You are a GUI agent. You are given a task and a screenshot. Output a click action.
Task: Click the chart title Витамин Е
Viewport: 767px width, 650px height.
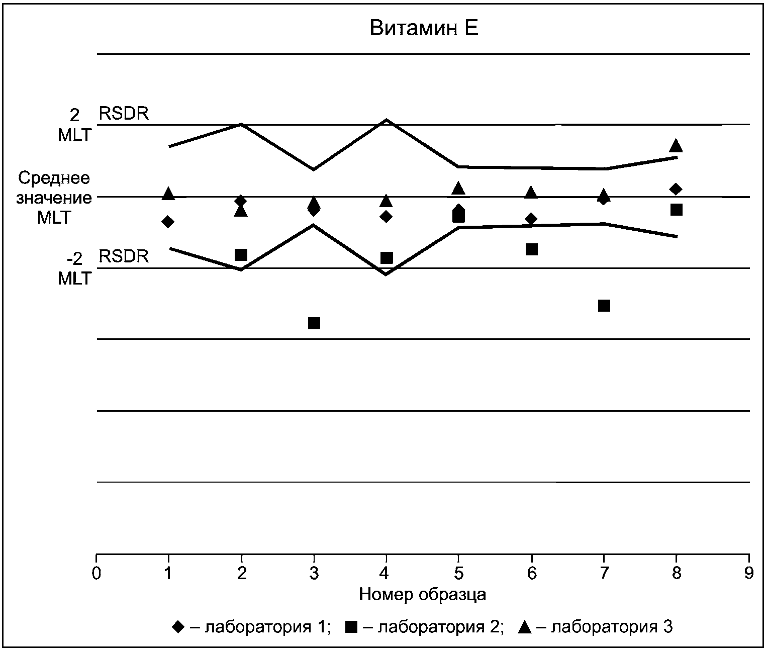(424, 28)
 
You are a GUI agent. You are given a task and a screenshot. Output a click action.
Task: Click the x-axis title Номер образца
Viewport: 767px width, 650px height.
(423, 594)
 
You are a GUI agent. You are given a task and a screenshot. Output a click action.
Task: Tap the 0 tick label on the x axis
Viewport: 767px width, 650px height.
(97, 574)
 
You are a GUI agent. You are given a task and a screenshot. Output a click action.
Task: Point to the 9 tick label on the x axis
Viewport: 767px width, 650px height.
(749, 574)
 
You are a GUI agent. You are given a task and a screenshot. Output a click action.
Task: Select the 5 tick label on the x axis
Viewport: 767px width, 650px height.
(458, 574)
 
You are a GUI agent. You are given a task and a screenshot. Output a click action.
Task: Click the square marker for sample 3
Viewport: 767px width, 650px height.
(314, 323)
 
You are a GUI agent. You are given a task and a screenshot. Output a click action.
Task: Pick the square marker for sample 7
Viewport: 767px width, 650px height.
(604, 306)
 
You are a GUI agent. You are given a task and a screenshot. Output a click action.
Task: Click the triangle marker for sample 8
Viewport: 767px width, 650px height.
(676, 145)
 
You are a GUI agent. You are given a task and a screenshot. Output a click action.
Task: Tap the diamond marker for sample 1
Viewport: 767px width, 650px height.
(168, 222)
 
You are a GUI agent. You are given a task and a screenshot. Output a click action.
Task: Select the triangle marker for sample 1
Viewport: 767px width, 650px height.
(168, 193)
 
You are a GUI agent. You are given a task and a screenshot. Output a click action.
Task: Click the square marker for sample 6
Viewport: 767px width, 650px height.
(532, 249)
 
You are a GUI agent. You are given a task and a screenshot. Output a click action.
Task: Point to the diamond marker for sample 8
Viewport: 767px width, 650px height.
(676, 189)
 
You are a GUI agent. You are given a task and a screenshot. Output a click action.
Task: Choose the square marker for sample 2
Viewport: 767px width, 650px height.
(241, 255)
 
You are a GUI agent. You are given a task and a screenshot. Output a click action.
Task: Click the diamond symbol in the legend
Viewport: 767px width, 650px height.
(178, 627)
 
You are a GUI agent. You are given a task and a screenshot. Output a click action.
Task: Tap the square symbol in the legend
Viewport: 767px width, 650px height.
(351, 627)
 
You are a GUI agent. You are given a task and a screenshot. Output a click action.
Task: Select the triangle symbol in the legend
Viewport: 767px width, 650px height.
(525, 627)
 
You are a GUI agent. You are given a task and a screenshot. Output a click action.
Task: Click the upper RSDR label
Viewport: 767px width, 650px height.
(124, 114)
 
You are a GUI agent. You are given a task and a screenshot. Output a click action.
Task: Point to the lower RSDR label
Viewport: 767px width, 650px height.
(124, 256)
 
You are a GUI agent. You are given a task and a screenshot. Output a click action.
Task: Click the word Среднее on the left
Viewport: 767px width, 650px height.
(54, 178)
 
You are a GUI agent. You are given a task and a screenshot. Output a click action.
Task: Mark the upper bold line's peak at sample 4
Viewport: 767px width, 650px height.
(387, 120)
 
